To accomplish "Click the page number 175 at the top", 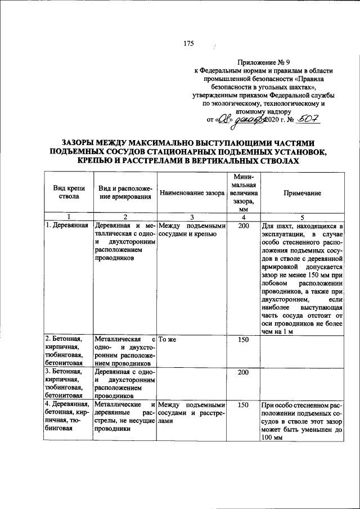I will click(x=188, y=44).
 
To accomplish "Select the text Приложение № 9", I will click(x=264, y=62).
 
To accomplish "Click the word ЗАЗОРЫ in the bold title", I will click(x=83, y=143).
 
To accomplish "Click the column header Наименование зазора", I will click(x=192, y=193).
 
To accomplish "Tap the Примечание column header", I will click(x=302, y=193).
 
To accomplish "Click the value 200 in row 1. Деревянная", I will click(x=243, y=226).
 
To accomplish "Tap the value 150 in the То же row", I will click(x=243, y=340).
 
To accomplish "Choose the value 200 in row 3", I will click(x=243, y=372).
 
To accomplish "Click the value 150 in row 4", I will click(x=243, y=404).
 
